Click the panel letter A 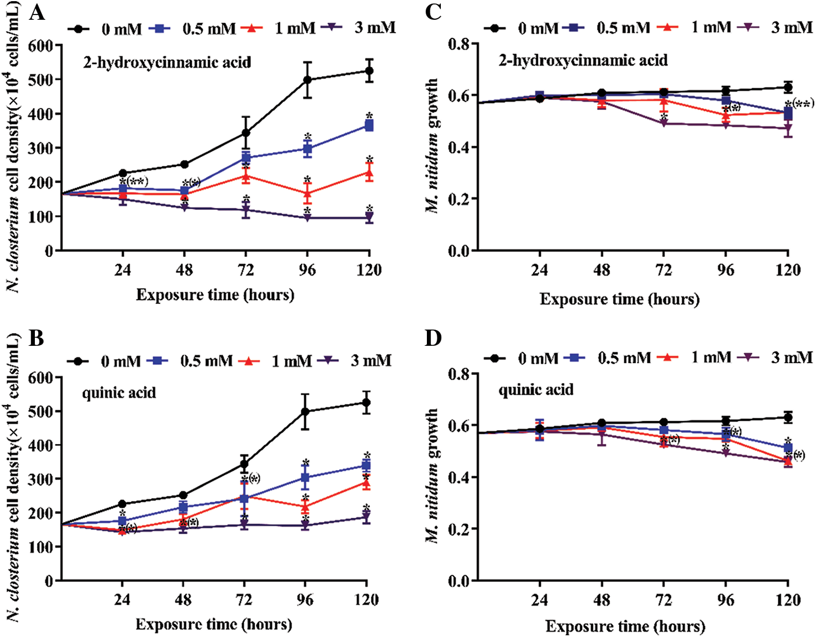(36, 12)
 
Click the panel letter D (434, 338)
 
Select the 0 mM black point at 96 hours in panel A (307, 80)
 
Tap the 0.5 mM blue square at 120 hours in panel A (369, 126)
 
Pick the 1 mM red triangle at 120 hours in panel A (369, 173)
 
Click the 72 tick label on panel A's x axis (246, 270)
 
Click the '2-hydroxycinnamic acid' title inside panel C (583, 60)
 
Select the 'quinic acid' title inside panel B (119, 393)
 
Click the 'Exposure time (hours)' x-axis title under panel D (625, 627)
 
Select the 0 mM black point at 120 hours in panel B (366, 402)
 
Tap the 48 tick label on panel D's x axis (602, 600)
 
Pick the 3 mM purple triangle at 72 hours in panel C (664, 123)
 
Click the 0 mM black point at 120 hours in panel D (788, 417)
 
